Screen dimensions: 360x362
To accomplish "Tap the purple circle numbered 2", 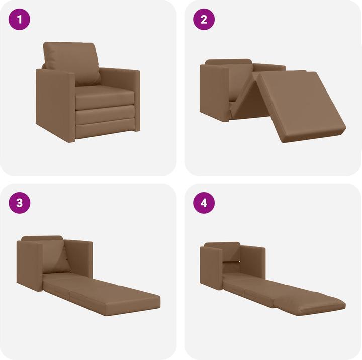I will click(x=204, y=20).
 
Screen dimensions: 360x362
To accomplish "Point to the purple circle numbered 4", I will click(x=204, y=203).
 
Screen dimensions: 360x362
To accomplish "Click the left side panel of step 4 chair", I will click(x=212, y=266).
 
